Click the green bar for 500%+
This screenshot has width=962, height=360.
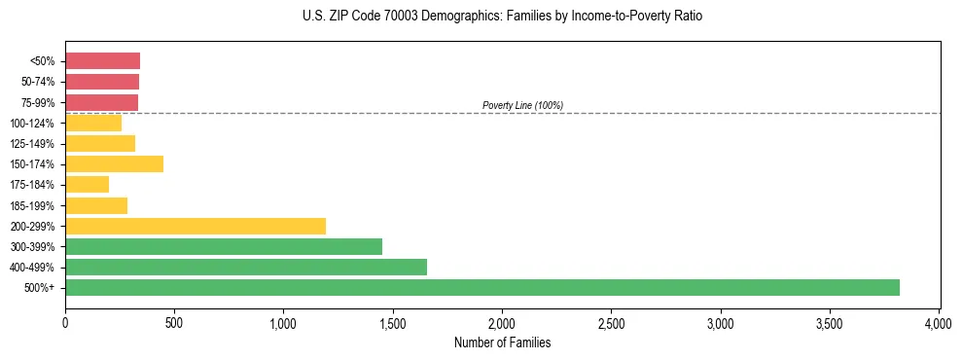point(481,287)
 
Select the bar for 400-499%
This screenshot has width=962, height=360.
point(246,267)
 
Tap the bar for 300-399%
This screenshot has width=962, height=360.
point(224,246)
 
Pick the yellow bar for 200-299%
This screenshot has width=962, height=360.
point(196,226)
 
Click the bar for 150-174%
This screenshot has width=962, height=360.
point(114,163)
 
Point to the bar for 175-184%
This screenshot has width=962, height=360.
point(87,184)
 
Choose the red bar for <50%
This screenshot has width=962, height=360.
point(102,60)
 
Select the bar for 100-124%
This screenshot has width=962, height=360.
point(93,123)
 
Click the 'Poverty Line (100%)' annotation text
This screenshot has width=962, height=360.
point(522,105)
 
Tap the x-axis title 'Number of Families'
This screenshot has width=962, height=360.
point(502,342)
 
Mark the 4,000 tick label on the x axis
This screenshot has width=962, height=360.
point(938,322)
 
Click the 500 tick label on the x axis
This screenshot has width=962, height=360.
point(174,322)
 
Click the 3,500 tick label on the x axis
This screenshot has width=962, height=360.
point(829,322)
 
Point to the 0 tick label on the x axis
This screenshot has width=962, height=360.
point(65,322)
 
